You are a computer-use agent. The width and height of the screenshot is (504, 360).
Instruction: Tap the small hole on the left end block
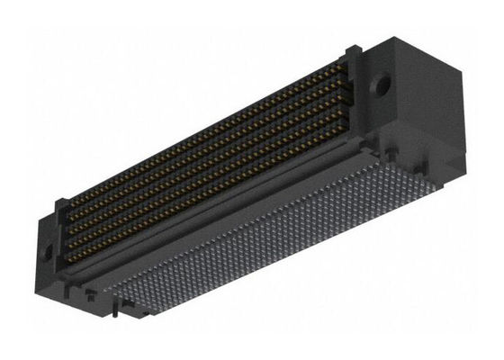point(48,250)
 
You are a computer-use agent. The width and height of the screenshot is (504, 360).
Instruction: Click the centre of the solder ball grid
point(288,238)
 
